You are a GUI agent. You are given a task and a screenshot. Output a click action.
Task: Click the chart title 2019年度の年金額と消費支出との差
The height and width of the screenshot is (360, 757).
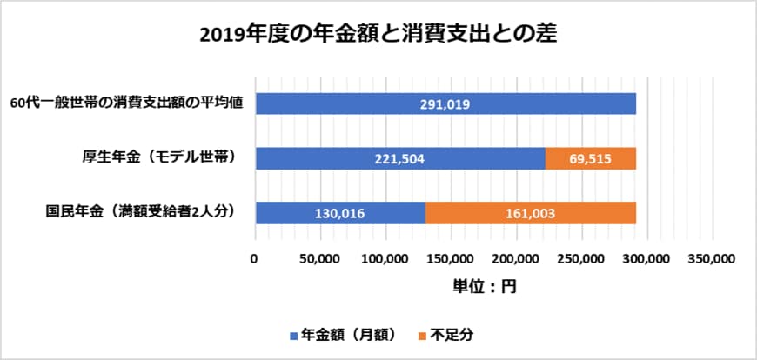pyautogui.click(x=378, y=35)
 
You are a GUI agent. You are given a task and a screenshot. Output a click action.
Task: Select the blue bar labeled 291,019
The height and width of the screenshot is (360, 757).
pyautogui.click(x=445, y=103)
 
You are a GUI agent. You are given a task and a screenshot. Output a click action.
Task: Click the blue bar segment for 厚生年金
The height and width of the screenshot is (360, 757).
pyautogui.click(x=399, y=158)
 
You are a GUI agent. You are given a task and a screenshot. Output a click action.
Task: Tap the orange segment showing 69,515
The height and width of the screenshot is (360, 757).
pyautogui.click(x=591, y=158)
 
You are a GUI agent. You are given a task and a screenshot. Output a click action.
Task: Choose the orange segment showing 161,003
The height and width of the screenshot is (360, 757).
pyautogui.click(x=531, y=213)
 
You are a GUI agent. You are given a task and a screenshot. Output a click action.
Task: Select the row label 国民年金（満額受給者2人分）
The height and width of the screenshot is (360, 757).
pyautogui.click(x=141, y=212)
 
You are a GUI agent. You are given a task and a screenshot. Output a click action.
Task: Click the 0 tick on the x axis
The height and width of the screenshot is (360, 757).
pyautogui.click(x=254, y=258)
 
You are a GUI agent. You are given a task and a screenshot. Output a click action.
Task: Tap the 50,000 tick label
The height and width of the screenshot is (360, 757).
pyautogui.click(x=319, y=258)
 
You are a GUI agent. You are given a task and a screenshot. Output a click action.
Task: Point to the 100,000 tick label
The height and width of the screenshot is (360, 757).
pyautogui.click(x=385, y=258)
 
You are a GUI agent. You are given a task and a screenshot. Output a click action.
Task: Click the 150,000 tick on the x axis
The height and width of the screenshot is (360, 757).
pyautogui.click(x=451, y=258)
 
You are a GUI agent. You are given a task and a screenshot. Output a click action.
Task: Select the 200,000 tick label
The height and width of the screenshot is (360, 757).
pyautogui.click(x=517, y=258)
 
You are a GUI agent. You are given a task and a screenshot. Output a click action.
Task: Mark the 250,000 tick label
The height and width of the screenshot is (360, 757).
pyautogui.click(x=582, y=258)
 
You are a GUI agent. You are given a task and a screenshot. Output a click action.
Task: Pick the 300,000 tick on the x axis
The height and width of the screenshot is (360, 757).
pyautogui.click(x=647, y=258)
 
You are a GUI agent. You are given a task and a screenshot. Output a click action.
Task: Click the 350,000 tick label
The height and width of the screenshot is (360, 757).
pyautogui.click(x=713, y=258)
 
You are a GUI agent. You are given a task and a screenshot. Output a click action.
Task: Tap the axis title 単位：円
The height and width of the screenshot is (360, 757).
pyautogui.click(x=484, y=286)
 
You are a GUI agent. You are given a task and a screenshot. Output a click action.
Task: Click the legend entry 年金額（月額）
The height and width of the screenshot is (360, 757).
pyautogui.click(x=343, y=334)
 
